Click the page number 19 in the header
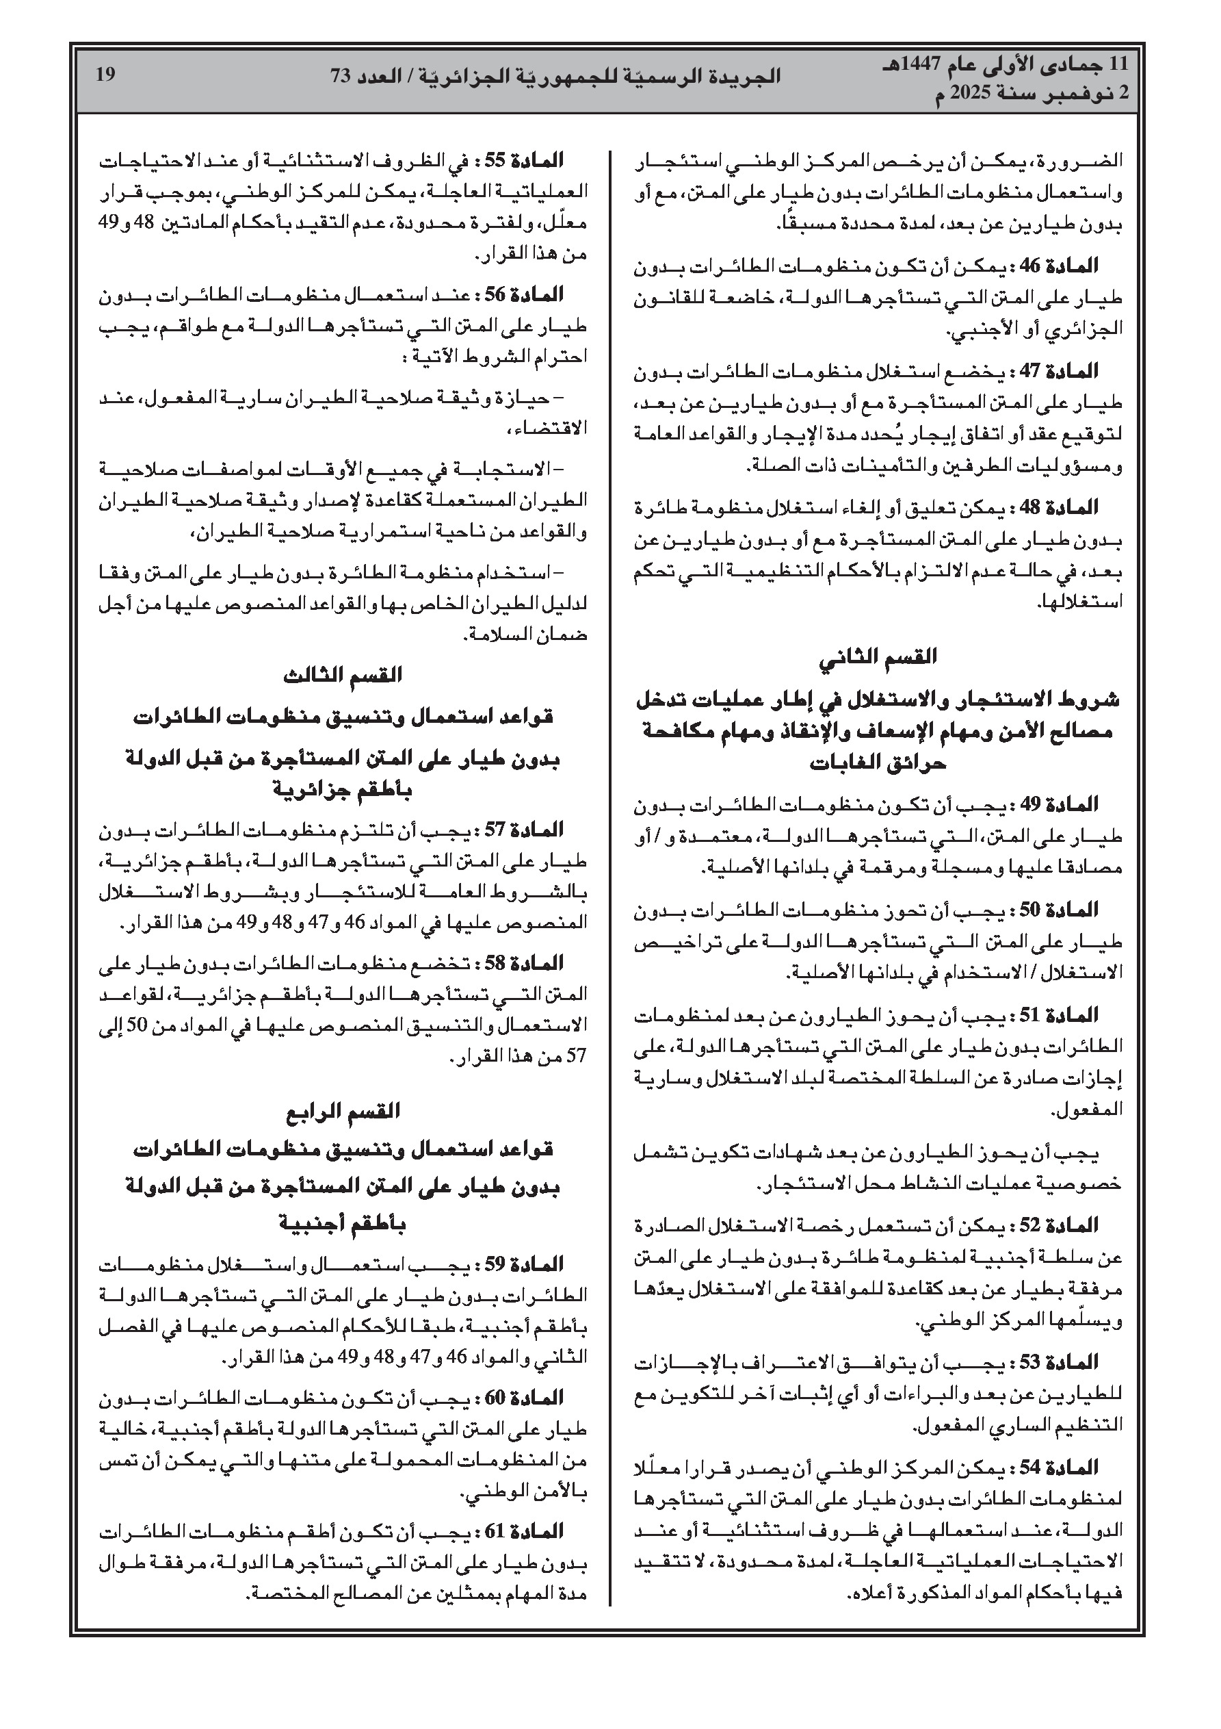click(x=105, y=74)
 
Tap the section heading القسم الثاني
click(x=878, y=656)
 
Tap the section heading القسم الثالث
click(x=343, y=675)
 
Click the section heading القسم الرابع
click(x=343, y=1111)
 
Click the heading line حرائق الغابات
click(x=878, y=764)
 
